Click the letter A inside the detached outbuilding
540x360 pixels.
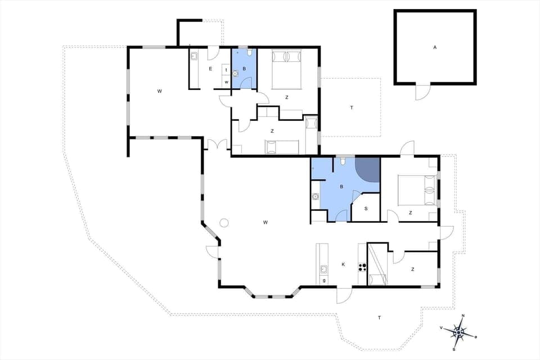435,48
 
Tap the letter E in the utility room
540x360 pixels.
210,69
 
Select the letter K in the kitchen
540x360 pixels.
343,264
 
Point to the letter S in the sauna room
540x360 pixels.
366,209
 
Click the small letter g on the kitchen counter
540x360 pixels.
324,280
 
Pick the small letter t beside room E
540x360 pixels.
226,70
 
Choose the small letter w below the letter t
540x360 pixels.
226,82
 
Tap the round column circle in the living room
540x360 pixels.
224,222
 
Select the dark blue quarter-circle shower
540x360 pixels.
368,169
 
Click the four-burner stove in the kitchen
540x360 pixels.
362,268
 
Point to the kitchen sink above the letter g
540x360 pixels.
323,269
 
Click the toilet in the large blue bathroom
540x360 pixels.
343,162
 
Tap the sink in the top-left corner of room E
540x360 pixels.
194,56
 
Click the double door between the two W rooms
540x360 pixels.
217,145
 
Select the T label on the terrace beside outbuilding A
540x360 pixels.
352,107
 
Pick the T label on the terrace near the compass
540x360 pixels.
379,318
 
